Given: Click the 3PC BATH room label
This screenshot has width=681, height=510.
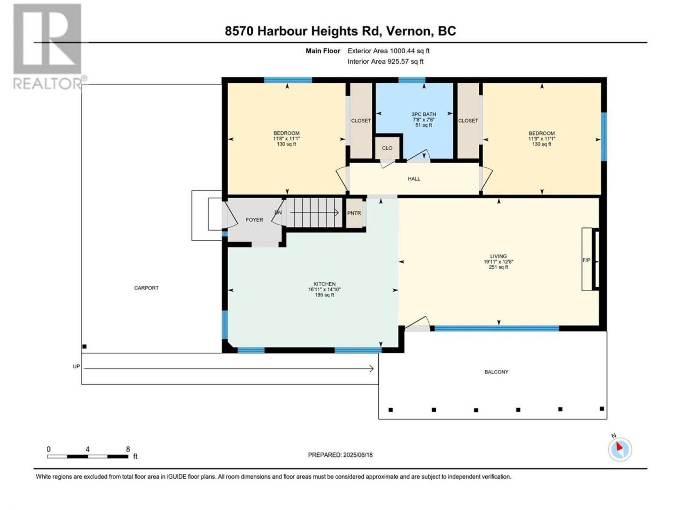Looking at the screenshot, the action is (x=423, y=114).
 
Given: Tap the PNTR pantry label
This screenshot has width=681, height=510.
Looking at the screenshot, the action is (x=354, y=214).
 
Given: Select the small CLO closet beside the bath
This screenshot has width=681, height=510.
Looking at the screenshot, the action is (x=387, y=148).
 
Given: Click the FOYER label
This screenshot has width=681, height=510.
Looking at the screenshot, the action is (x=254, y=220).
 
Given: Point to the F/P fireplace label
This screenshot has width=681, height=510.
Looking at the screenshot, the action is (x=586, y=260).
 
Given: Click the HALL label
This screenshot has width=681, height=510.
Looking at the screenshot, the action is (x=414, y=178).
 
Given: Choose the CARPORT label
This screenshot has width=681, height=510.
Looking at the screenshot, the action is (x=146, y=288).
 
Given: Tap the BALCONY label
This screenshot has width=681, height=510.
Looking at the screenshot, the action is (x=496, y=372).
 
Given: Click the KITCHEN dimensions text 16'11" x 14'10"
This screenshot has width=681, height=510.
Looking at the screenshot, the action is (x=325, y=290).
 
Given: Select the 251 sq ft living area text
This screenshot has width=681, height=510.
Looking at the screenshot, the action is (x=499, y=267).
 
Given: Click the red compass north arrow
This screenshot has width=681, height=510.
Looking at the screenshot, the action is (x=619, y=447).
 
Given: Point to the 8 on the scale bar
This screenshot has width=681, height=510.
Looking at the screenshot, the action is (x=128, y=449).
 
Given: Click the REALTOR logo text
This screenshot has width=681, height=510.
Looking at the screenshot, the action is (x=48, y=83).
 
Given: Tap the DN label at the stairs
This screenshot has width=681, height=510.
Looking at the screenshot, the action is (x=278, y=212).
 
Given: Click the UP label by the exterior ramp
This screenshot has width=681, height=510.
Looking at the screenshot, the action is (x=76, y=367).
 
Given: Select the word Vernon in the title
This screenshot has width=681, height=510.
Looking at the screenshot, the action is (x=408, y=31).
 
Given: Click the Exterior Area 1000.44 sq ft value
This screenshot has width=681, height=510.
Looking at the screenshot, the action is (x=388, y=51).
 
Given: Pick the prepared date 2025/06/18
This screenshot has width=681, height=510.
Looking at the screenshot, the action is (x=358, y=455).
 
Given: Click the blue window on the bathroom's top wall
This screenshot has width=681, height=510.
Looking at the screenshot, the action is (x=412, y=80).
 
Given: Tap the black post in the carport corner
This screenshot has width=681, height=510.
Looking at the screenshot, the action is (x=85, y=346).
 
